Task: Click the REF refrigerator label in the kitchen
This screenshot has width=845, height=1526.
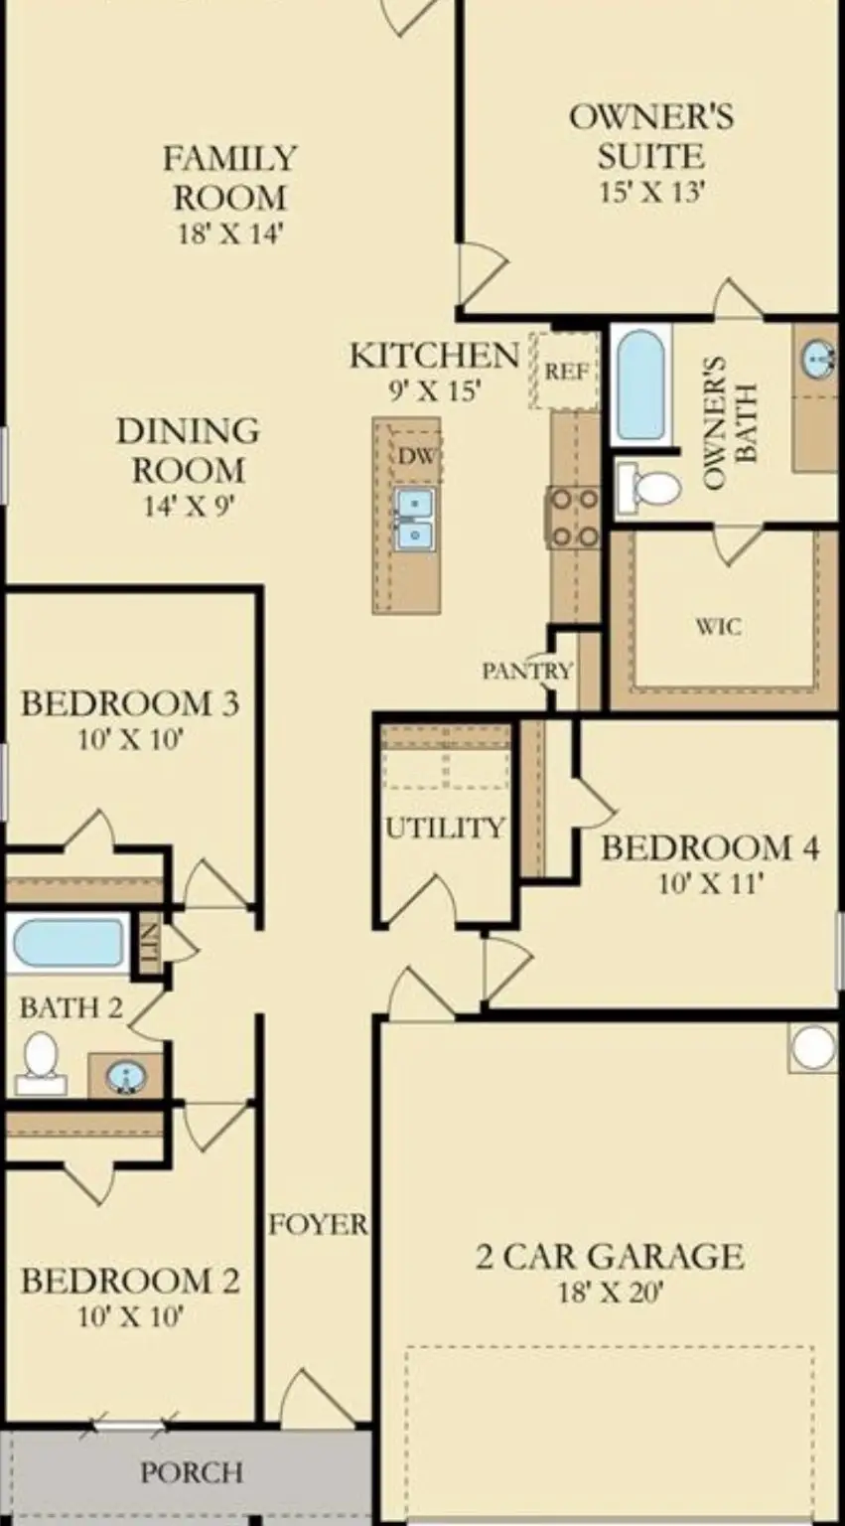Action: (x=567, y=372)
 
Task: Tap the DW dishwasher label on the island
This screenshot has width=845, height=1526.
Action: (x=415, y=456)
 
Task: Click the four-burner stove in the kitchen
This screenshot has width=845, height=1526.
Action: (x=574, y=518)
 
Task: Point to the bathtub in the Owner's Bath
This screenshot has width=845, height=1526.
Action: (x=640, y=384)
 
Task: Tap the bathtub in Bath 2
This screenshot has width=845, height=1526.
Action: (x=68, y=943)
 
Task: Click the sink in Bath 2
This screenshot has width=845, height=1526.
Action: (x=125, y=1075)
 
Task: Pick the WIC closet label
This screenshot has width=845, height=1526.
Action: (x=717, y=627)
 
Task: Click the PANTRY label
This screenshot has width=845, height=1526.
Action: (x=527, y=671)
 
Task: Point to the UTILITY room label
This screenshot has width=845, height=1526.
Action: (x=444, y=828)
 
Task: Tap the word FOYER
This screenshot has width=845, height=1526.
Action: (x=318, y=1224)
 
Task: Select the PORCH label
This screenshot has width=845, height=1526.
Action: (x=191, y=1471)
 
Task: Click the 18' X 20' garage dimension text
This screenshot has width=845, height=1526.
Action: (x=610, y=1293)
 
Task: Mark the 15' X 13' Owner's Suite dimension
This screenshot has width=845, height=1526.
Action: (x=650, y=191)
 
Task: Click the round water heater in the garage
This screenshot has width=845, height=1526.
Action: (x=813, y=1047)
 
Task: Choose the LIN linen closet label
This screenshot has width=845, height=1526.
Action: (x=149, y=936)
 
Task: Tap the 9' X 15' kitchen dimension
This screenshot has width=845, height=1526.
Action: (x=434, y=390)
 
